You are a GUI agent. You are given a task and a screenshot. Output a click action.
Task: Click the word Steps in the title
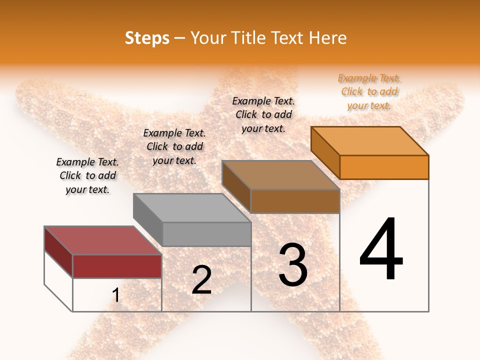(147, 38)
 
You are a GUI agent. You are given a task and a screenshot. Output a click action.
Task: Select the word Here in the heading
(327, 38)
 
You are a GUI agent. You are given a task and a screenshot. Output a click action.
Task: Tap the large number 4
(381, 250)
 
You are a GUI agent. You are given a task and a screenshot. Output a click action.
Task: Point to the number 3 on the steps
(293, 265)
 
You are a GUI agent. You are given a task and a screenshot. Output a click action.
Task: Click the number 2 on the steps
(201, 280)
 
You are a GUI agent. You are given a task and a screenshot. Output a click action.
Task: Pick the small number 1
(116, 295)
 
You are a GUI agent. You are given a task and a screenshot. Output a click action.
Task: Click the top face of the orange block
(370, 141)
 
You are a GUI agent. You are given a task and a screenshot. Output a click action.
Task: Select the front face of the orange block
(384, 167)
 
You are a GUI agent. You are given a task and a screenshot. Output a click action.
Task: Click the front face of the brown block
(295, 201)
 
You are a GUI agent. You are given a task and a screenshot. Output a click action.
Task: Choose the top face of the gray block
(192, 207)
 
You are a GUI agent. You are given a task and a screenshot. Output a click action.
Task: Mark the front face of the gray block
(206, 234)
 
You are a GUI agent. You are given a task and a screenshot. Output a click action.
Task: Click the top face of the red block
(103, 240)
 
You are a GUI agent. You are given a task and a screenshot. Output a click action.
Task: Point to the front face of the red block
(117, 266)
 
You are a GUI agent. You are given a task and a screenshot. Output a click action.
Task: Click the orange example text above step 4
(369, 91)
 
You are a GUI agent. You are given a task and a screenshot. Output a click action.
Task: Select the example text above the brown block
(263, 114)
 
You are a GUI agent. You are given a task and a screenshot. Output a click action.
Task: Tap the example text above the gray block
(174, 146)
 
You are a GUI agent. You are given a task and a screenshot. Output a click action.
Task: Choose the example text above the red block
(87, 175)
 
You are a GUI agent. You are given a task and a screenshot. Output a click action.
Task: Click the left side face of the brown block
(236, 187)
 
